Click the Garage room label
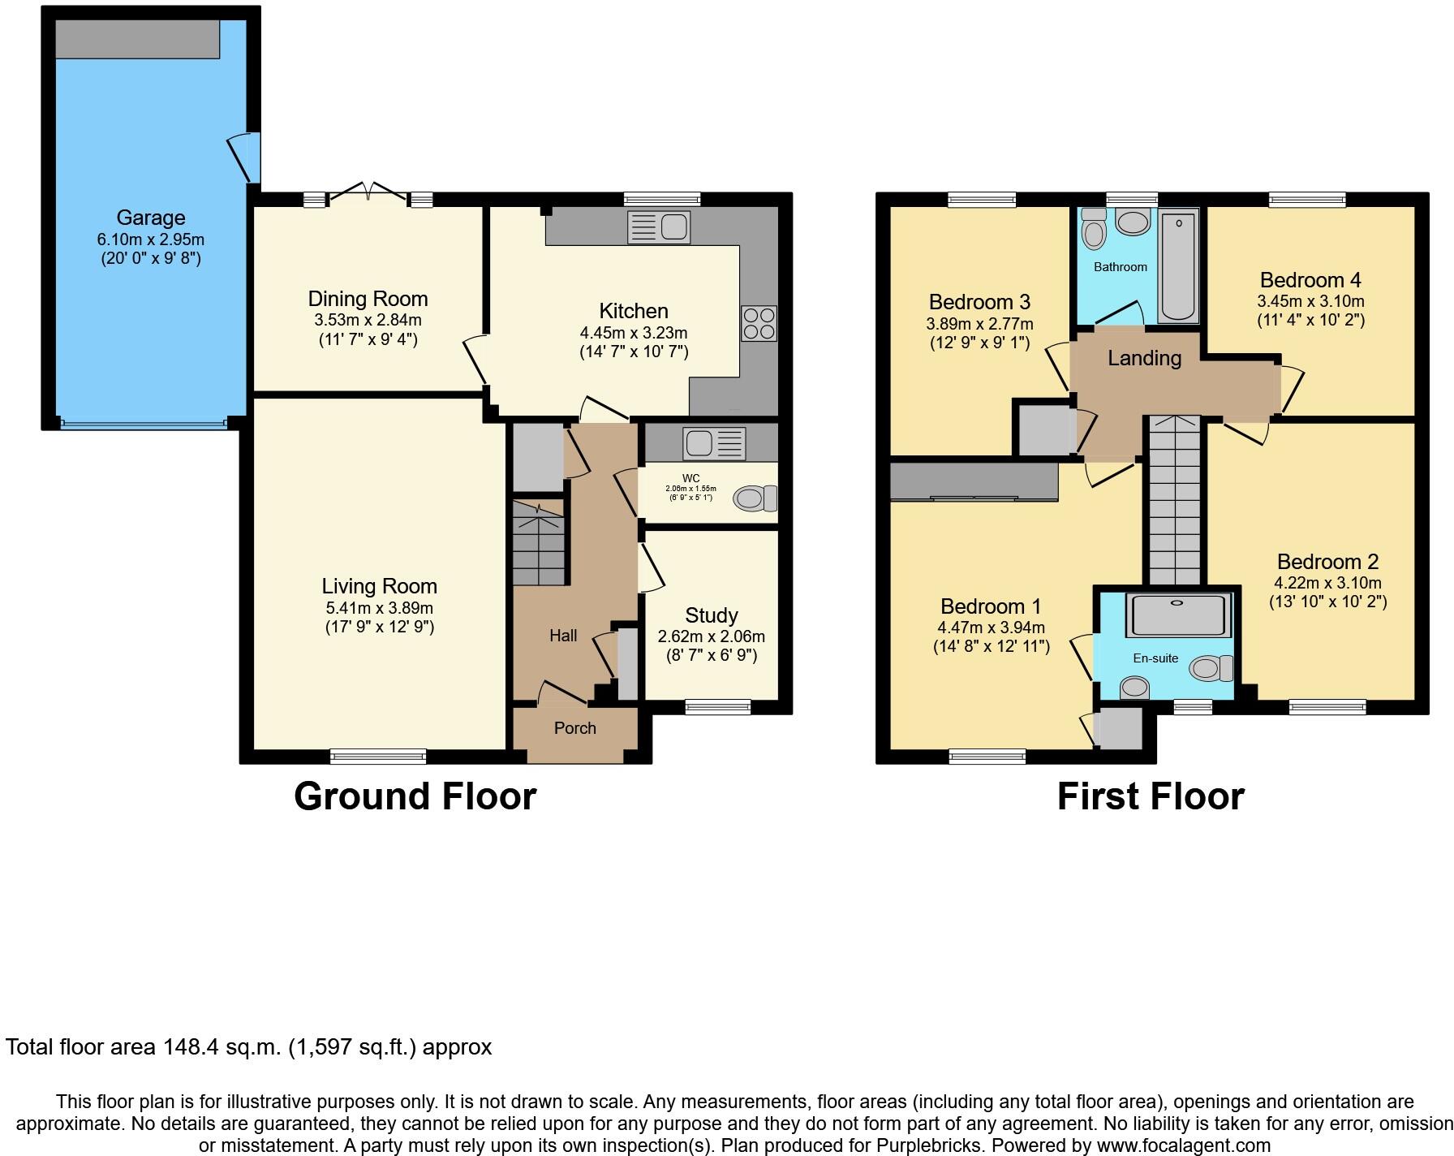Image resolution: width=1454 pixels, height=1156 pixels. coord(151,218)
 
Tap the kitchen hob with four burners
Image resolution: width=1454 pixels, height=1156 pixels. coord(759,323)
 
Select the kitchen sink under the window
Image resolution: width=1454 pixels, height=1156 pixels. coord(659,227)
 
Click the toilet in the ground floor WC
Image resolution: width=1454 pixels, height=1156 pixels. coord(755,498)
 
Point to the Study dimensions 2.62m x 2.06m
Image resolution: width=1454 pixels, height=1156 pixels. coord(711,636)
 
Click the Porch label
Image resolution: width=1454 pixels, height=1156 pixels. coord(574,728)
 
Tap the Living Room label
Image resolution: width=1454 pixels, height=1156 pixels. coord(379,586)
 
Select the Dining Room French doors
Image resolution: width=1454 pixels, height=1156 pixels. coord(369,192)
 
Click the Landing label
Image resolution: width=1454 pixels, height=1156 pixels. coord(1144,358)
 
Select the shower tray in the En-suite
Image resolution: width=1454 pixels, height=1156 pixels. coord(1177,615)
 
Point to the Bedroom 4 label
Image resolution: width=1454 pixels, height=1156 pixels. coord(1310,280)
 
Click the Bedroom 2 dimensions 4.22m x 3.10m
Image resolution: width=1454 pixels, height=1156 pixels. coord(1327,583)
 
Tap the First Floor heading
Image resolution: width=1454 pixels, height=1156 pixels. coord(1150,796)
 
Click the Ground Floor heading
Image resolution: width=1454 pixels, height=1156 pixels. coord(415,796)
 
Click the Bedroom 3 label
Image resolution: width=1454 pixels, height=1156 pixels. coord(979,302)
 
